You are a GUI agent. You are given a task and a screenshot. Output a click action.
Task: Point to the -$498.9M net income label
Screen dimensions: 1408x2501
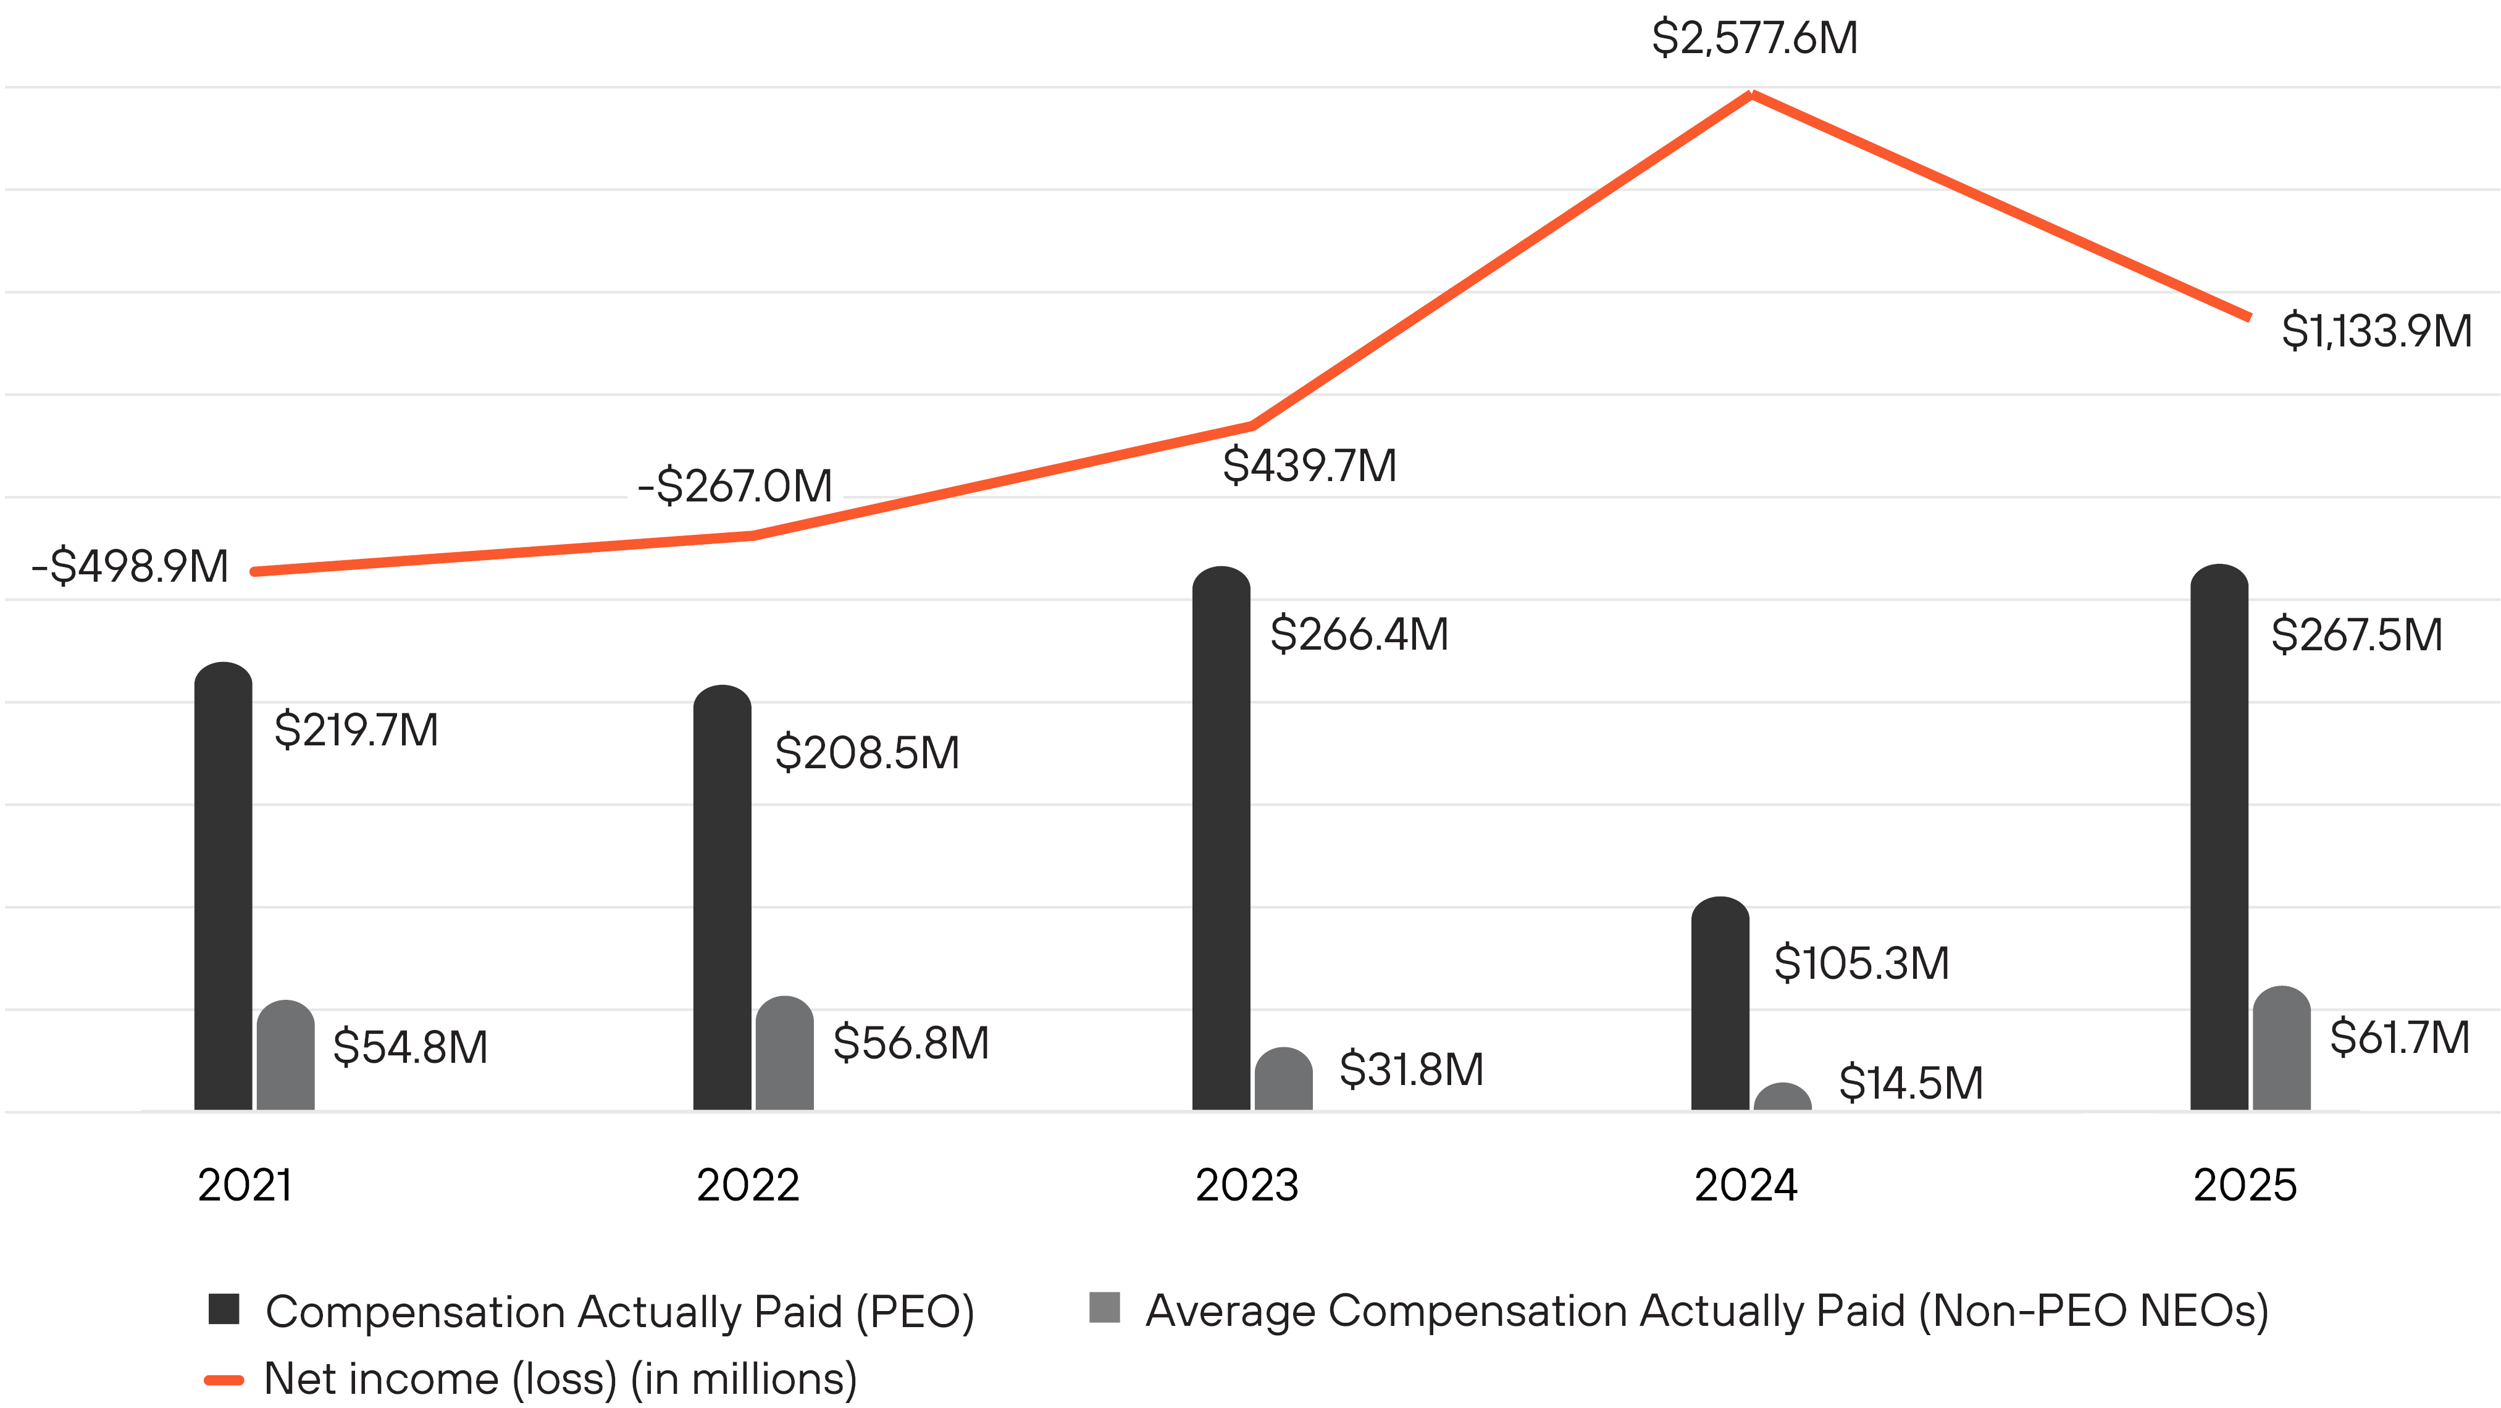(x=130, y=566)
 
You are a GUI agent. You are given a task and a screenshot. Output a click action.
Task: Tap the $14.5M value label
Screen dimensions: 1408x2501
(x=1910, y=1083)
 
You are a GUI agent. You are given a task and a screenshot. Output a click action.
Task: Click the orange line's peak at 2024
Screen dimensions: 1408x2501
(x=1751, y=94)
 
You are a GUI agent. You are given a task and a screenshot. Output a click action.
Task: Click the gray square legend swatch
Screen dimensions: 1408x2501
(x=1105, y=1308)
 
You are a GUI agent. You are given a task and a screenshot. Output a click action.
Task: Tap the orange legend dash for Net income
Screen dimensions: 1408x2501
(x=224, y=1380)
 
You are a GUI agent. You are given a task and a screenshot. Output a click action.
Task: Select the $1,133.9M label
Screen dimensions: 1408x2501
(x=2376, y=331)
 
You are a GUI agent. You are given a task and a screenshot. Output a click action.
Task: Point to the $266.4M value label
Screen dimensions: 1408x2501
(x=1359, y=634)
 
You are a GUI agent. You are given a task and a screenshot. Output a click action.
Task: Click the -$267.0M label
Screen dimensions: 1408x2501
(x=735, y=485)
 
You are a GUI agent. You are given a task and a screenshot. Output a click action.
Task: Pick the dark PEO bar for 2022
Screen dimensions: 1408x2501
(x=723, y=897)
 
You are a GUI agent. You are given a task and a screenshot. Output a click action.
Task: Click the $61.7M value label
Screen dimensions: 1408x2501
(x=2399, y=1037)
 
